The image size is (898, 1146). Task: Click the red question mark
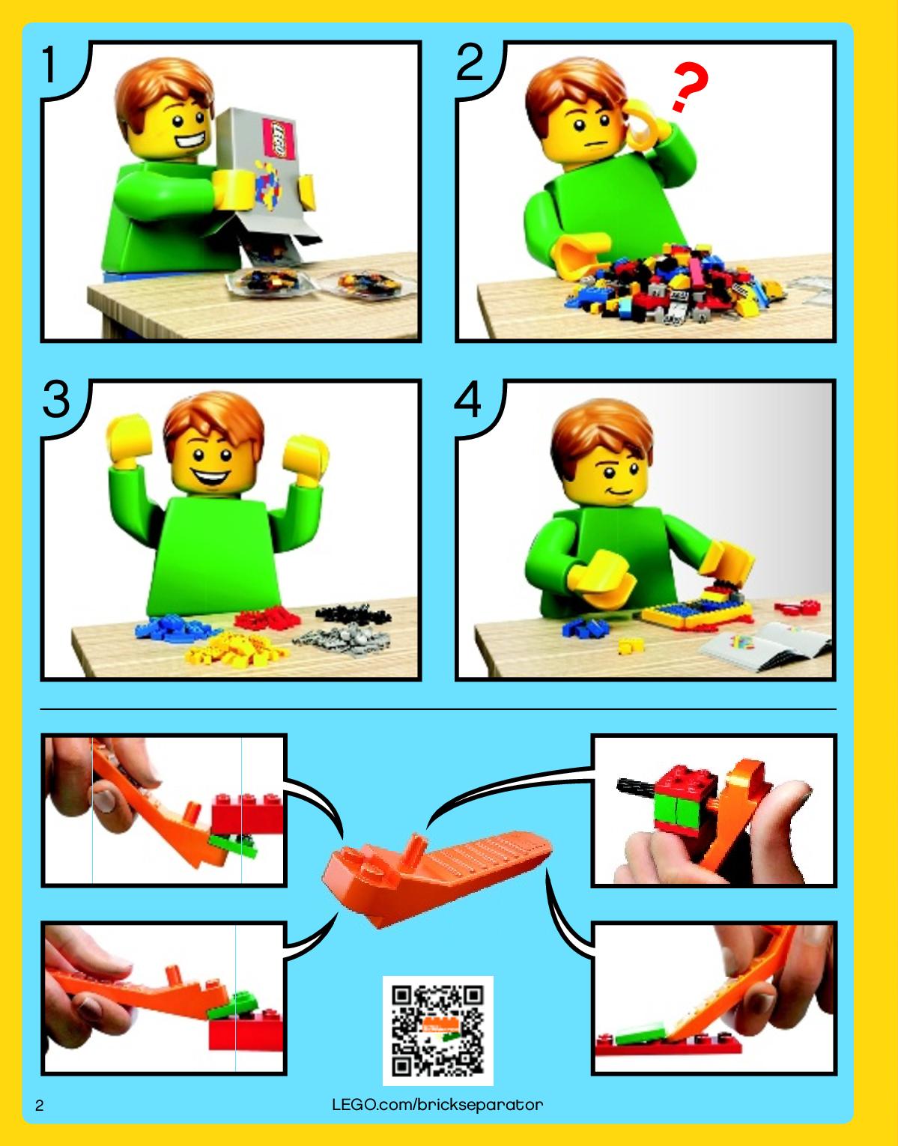[688, 88]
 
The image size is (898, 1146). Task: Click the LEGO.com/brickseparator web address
[437, 1104]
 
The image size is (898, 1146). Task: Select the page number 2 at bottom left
[40, 1106]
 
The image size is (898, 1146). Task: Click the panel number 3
[56, 399]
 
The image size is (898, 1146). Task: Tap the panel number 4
[467, 399]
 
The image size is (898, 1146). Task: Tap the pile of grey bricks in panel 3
[343, 640]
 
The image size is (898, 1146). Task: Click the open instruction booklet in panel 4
[765, 646]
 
